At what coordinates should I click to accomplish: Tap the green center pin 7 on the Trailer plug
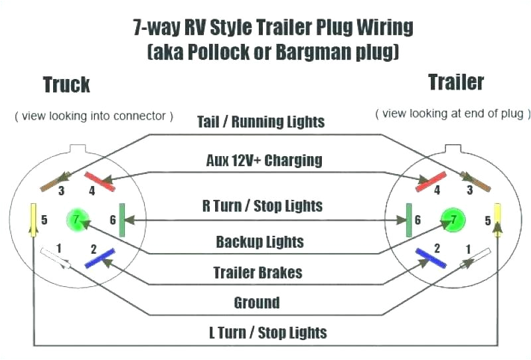point(452,219)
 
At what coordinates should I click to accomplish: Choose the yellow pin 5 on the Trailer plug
point(498,220)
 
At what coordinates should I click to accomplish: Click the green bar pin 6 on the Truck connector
point(121,220)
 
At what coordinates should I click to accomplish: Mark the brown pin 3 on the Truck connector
point(56,181)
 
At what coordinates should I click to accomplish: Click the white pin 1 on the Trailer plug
point(475,258)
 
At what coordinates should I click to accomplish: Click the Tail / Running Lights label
point(261,122)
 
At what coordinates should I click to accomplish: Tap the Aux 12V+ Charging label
point(264,160)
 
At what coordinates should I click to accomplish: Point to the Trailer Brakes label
point(258,272)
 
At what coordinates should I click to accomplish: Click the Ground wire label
point(256,303)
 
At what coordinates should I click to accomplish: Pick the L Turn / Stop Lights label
point(264,332)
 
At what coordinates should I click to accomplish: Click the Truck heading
point(66,85)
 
